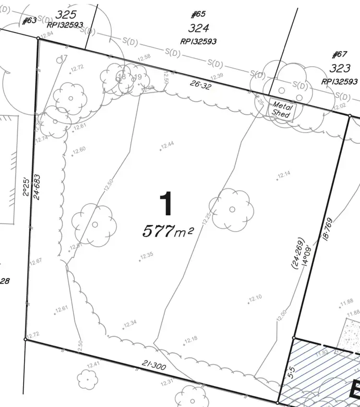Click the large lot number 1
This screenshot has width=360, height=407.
click(x=166, y=204)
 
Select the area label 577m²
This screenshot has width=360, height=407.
click(x=168, y=232)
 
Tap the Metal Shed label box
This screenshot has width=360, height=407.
click(x=281, y=110)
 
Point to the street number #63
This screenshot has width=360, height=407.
click(x=30, y=21)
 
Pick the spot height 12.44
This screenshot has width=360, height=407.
click(x=168, y=145)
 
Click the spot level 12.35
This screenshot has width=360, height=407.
click(x=146, y=255)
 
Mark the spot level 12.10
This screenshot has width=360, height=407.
click(x=255, y=298)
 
